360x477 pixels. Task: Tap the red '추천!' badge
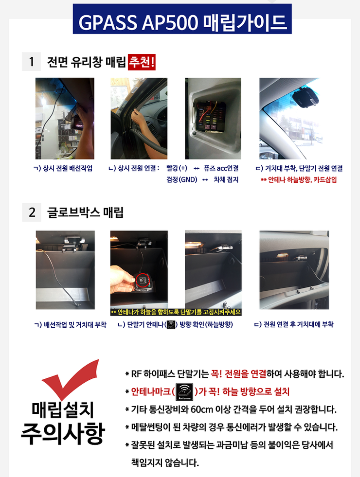(142, 62)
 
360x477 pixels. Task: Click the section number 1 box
(32, 62)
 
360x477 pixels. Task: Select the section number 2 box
(32, 212)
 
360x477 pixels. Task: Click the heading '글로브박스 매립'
(85, 212)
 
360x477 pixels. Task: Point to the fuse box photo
(213, 118)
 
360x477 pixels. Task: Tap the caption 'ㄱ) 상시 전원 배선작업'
(63, 168)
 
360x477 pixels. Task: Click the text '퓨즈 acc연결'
(221, 168)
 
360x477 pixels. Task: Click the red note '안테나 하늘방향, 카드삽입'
(302, 179)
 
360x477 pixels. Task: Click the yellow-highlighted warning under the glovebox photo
(176, 312)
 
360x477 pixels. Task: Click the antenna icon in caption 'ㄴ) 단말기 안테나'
(171, 324)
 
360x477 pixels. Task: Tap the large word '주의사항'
(62, 434)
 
